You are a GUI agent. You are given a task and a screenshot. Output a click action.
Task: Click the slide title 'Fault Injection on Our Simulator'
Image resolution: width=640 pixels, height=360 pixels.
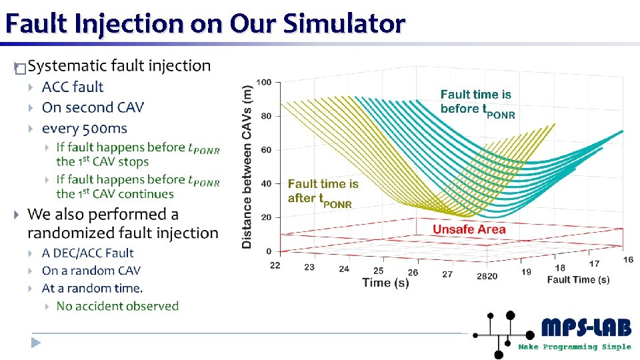205,24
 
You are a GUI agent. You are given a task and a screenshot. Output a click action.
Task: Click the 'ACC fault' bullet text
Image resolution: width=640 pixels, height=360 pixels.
73,87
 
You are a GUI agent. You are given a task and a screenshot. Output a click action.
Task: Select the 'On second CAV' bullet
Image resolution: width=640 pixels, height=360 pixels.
93,107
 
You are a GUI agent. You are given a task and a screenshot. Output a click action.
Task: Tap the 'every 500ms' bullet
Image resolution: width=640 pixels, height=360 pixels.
84,128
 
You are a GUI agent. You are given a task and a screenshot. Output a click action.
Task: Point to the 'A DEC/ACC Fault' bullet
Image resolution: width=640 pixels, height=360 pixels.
87,253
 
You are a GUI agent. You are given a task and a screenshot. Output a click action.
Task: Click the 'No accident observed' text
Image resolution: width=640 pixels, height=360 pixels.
117,306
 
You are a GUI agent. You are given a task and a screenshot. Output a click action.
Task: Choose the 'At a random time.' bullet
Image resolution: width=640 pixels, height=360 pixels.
92,288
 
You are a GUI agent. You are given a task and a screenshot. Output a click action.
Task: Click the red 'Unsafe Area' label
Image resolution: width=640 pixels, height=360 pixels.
469,229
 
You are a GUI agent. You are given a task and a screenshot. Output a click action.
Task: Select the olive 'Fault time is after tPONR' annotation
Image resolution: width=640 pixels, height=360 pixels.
323,191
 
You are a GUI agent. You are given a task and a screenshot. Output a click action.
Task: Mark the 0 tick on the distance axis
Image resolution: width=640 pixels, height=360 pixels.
268,251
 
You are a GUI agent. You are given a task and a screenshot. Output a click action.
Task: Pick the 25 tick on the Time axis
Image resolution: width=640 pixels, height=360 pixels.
378,271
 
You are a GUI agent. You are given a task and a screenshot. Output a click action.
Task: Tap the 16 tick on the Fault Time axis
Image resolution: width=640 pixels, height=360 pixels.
628,259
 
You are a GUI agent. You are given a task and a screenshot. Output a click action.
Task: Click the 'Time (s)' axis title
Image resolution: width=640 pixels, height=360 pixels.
385,283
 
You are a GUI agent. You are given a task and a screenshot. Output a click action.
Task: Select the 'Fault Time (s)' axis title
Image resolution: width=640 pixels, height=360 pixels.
578,280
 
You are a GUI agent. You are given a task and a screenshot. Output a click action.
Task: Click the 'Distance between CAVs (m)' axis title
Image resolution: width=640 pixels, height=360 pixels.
247,167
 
